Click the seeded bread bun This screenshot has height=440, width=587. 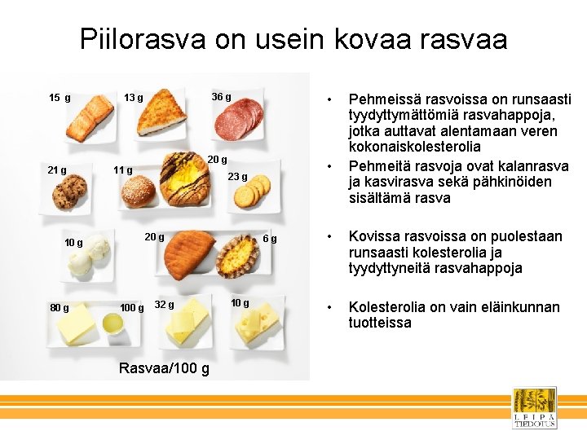tap(138, 192)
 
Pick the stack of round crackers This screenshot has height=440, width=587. tap(251, 192)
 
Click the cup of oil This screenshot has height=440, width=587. tap(113, 323)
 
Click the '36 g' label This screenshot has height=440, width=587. tap(221, 98)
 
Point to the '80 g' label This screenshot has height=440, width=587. tap(59, 308)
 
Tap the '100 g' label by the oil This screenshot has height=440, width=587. tap(131, 308)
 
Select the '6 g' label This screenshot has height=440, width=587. tap(270, 239)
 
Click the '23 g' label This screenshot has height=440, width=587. tap(237, 177)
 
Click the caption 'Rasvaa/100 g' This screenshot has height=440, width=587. tap(163, 368)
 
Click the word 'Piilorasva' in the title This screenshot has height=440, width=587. tap(143, 38)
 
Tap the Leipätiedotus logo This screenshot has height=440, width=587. tap(534, 407)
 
